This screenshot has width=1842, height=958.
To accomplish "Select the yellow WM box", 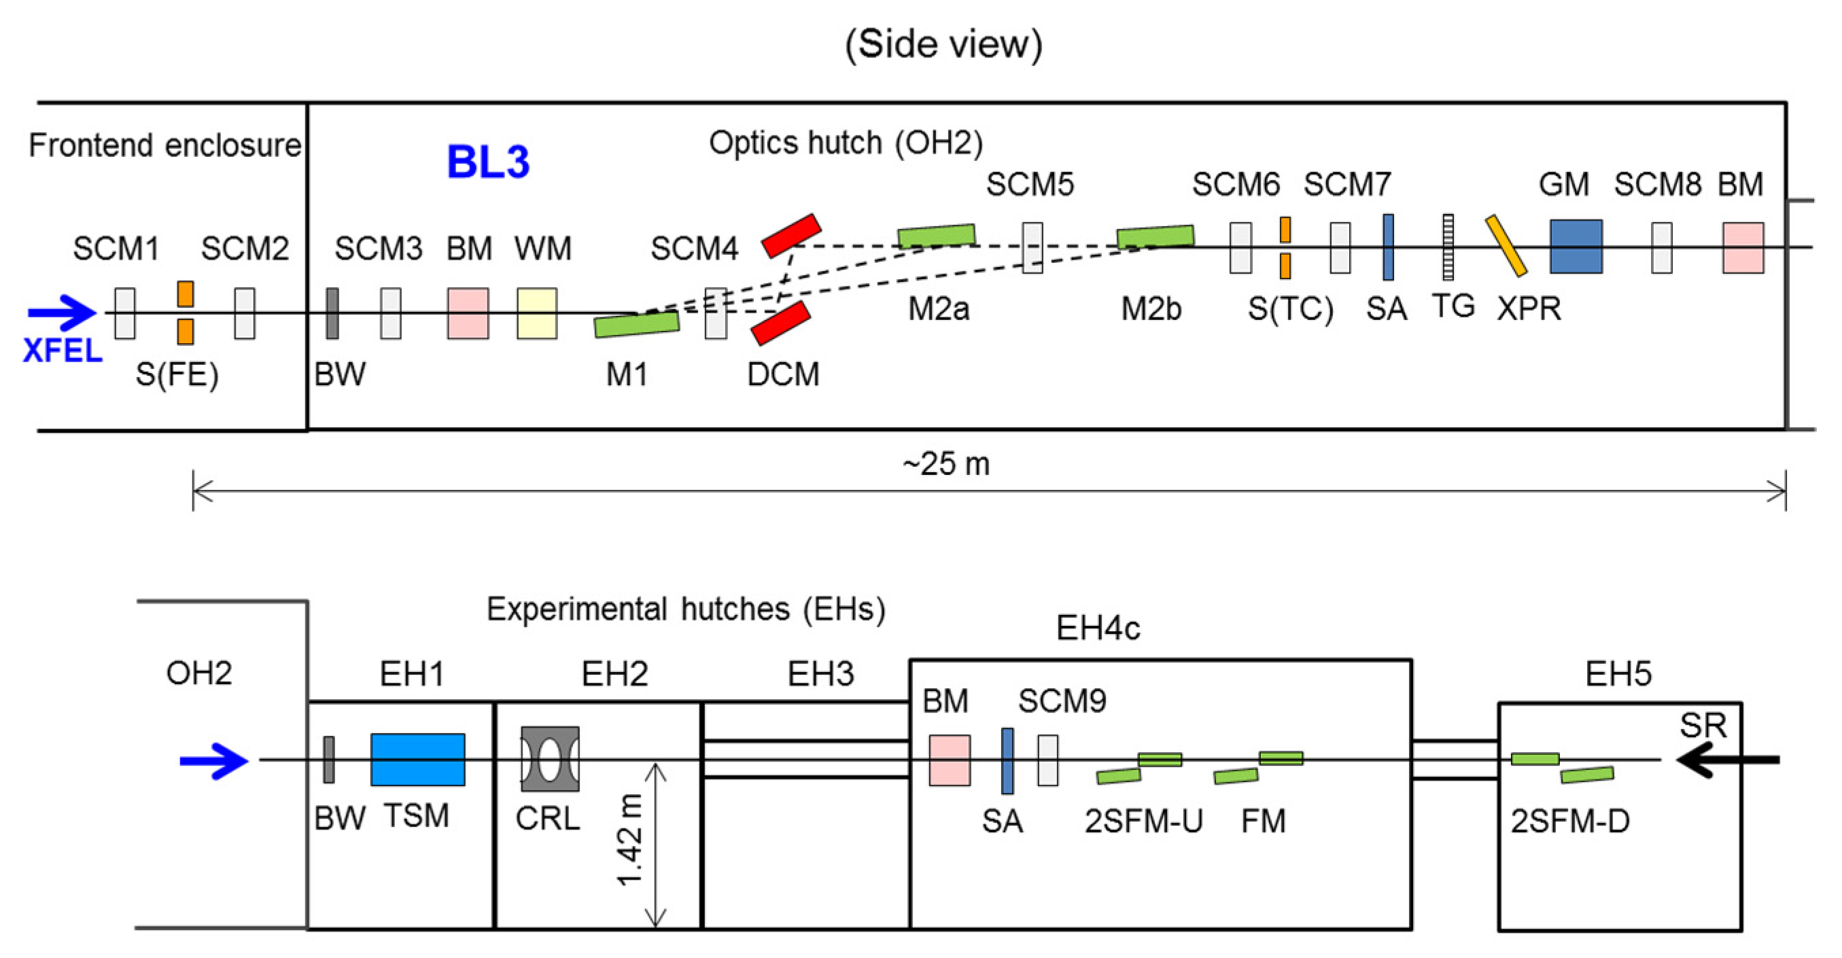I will pos(537,313).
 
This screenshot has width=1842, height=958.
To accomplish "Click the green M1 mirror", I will pos(636,324).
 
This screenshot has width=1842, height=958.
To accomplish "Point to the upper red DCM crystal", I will pos(791,235).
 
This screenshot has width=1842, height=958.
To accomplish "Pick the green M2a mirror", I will pos(936,235).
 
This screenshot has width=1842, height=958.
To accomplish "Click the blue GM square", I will pos(1576,247).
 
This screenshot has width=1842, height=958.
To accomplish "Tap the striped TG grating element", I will pos(1447,247).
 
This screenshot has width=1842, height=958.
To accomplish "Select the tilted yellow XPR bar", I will pos(1506,246).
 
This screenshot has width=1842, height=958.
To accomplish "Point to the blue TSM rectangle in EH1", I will pos(417,759).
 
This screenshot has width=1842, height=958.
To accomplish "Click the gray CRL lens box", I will pos(550,759).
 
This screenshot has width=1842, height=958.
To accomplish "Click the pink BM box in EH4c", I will pos(949,760).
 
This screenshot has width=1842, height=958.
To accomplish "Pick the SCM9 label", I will pos(1061,701).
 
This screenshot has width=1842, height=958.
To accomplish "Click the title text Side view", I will pos(943,44).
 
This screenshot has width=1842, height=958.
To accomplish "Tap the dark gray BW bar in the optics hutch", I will pos(332,313).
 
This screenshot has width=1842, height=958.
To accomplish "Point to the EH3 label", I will pos(820,674).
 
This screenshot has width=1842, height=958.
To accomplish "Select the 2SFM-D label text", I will pos(1569,821).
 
